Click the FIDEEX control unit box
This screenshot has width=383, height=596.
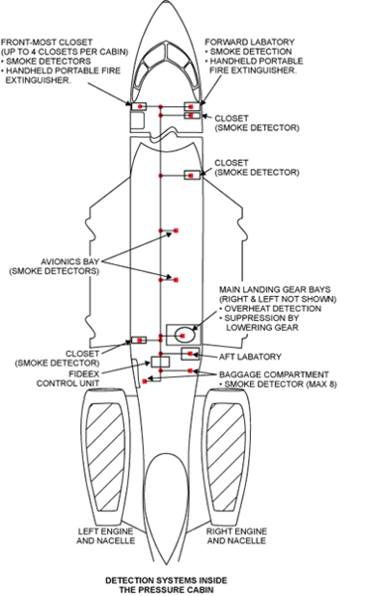click(x=160, y=362)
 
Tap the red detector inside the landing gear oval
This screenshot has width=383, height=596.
click(x=183, y=336)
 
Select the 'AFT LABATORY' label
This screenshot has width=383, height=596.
click(x=250, y=357)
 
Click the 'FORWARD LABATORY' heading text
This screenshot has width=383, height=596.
click(x=250, y=42)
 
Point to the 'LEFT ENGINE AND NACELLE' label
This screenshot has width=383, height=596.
click(x=105, y=536)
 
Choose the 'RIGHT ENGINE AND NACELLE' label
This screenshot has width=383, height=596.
click(x=236, y=536)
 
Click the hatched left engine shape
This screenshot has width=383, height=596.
click(x=105, y=457)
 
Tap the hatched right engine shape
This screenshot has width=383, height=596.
click(x=226, y=457)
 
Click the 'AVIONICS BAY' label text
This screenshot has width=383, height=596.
click(x=70, y=261)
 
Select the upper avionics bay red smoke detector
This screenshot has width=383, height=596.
click(x=176, y=230)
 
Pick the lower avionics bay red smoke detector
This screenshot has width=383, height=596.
click(x=177, y=280)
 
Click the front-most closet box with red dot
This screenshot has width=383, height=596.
click(x=139, y=106)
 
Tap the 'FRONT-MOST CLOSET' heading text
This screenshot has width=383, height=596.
click(x=47, y=42)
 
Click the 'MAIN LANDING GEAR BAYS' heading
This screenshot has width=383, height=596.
click(x=275, y=290)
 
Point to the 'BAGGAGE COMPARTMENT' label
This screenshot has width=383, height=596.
click(x=274, y=374)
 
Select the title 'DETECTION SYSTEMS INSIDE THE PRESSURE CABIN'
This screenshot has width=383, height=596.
click(x=167, y=585)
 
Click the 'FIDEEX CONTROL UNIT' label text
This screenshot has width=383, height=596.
click(x=67, y=379)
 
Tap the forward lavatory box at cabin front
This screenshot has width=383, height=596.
click(x=192, y=106)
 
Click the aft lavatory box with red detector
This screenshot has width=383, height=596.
click(x=191, y=354)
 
